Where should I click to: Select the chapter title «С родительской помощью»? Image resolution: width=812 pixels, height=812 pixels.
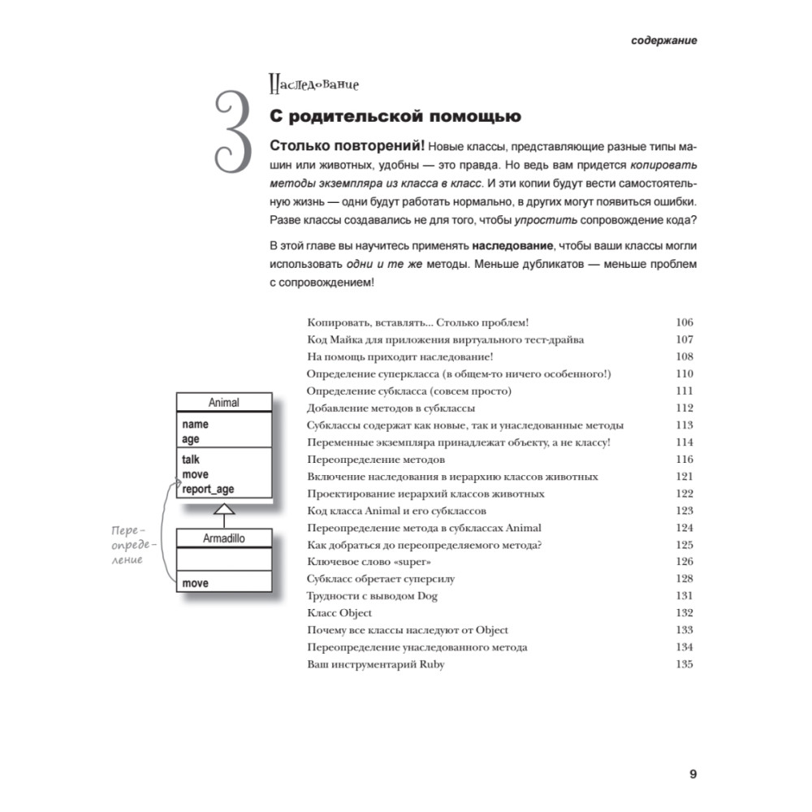395,117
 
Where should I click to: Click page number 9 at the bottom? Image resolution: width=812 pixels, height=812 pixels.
693,773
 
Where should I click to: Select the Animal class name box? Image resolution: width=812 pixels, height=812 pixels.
224,403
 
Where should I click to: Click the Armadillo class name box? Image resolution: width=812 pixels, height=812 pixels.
224,538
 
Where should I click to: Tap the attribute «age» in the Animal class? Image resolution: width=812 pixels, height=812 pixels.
191,439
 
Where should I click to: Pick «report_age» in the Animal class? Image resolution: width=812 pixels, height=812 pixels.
208,490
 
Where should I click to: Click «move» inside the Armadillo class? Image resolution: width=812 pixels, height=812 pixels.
196,583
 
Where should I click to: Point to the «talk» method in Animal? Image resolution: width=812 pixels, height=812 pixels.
192,459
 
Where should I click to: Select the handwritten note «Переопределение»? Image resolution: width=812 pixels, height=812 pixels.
128,545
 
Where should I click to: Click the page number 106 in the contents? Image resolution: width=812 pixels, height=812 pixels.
684,322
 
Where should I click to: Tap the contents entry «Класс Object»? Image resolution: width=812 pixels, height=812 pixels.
339,613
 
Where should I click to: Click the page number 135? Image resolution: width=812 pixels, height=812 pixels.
684,664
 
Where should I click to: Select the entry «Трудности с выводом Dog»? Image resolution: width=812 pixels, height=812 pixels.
373,596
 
